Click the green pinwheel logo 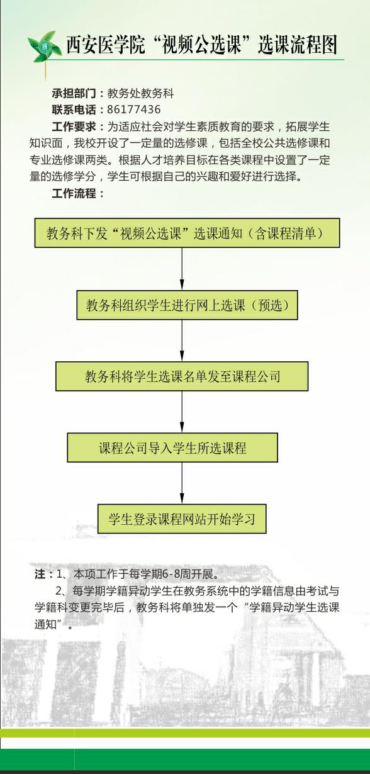pos(43,47)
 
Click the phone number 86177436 pos(133,109)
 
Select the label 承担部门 pos(74,93)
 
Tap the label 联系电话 pos(74,109)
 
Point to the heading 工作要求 pos(74,126)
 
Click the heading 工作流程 pos(74,193)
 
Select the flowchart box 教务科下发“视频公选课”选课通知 pos(188,233)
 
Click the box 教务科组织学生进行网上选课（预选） pos(188,305)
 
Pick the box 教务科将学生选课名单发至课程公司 pos(182,376)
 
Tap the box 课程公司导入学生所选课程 pos(172,447)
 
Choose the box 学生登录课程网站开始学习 pos(182,519)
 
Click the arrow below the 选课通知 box pos(182,269)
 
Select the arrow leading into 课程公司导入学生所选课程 pos(182,412)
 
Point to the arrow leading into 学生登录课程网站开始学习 pos(182,483)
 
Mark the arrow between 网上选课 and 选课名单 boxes pos(182,340)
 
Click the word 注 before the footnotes pos(40,574)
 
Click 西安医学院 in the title pos(106,45)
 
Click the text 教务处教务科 pos(140,93)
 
